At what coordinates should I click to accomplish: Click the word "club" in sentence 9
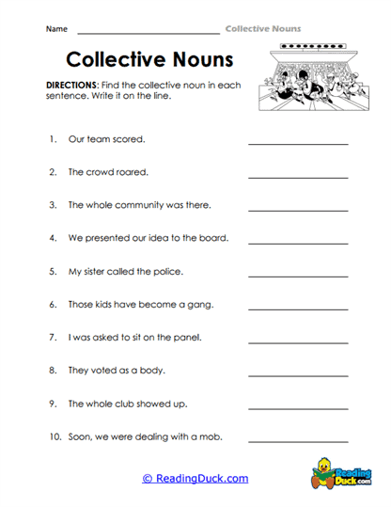[x=131, y=404]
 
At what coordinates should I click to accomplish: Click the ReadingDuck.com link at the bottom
[x=195, y=478]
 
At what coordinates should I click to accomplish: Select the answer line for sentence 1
[x=298, y=144]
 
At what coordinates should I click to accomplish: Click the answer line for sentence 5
[x=298, y=276]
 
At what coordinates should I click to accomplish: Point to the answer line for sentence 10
[x=298, y=441]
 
